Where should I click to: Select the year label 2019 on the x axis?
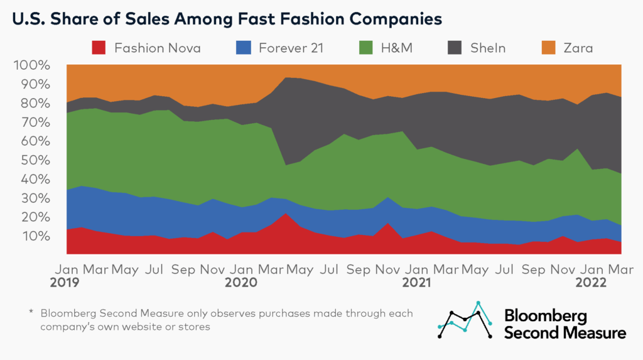click(65, 283)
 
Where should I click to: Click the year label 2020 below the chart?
click(241, 283)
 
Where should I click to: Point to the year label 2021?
click(417, 283)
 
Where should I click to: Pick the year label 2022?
click(593, 283)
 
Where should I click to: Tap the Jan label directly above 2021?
click(417, 268)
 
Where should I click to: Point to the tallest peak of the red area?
click(286, 214)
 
